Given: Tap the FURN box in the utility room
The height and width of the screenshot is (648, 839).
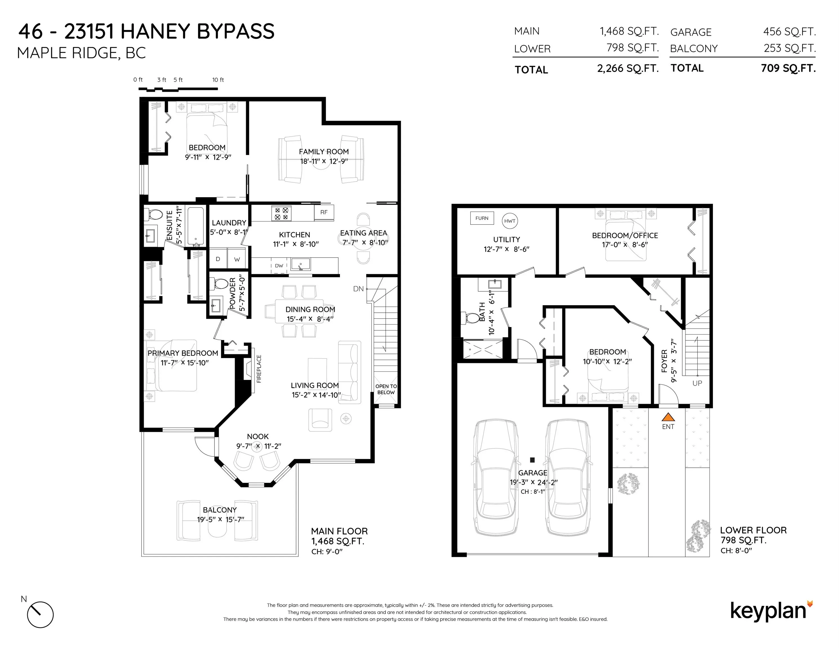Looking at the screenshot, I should pyautogui.click(x=482, y=218).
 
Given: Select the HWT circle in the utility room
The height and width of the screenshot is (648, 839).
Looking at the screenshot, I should pyautogui.click(x=510, y=221).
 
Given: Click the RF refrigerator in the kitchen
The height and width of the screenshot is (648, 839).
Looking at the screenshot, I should pyautogui.click(x=324, y=212).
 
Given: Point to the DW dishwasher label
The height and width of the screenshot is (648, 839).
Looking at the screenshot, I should pyautogui.click(x=279, y=266).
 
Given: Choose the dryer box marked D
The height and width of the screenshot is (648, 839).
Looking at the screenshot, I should pyautogui.click(x=218, y=259).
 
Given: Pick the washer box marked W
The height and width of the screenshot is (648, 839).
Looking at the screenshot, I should pyautogui.click(x=237, y=259).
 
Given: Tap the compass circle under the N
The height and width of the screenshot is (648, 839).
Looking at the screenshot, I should pyautogui.click(x=40, y=615).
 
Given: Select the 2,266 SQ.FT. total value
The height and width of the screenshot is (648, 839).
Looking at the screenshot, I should pyautogui.click(x=628, y=69).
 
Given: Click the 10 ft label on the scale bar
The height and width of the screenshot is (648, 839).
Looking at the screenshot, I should pyautogui.click(x=218, y=80).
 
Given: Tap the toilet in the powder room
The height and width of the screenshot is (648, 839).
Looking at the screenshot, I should pyautogui.click(x=220, y=284).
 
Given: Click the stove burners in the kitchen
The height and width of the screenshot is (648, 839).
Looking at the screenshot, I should pyautogui.click(x=281, y=213).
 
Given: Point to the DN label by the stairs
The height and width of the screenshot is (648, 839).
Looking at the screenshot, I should pyautogui.click(x=358, y=289).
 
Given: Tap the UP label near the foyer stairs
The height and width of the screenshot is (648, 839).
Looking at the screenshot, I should pyautogui.click(x=697, y=383).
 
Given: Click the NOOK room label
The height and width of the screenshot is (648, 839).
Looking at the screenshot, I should pyautogui.click(x=258, y=436).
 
